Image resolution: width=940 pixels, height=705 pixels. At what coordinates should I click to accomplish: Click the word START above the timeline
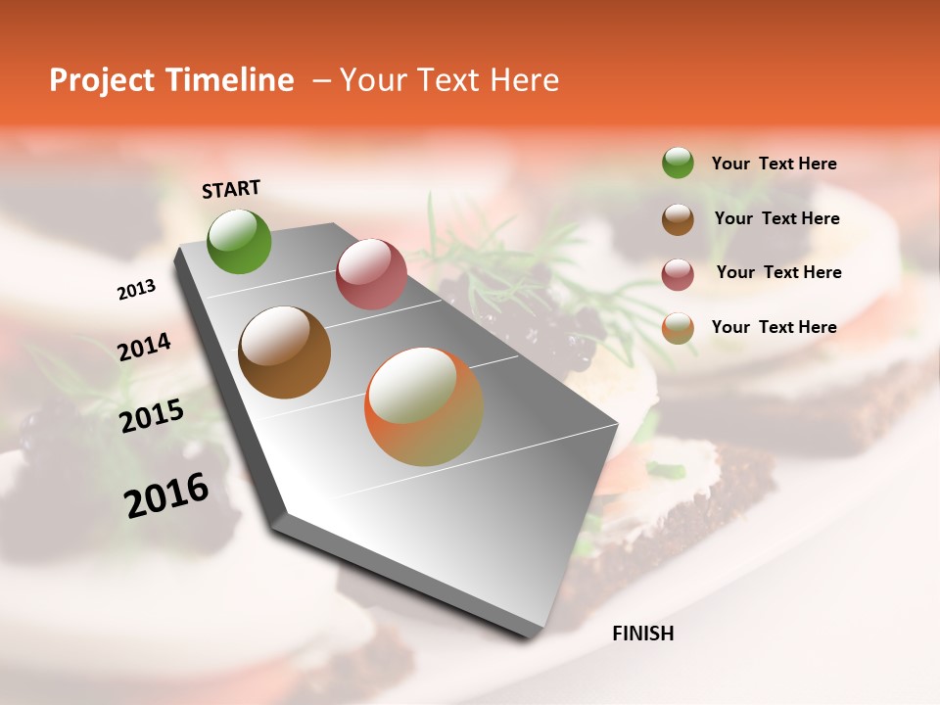pyautogui.click(x=231, y=189)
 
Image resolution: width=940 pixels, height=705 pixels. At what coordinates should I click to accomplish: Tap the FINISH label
pyautogui.click(x=642, y=634)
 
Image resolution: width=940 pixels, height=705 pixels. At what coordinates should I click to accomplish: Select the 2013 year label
pyautogui.click(x=137, y=290)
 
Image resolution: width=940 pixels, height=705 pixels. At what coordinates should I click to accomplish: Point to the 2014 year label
pyautogui.click(x=144, y=348)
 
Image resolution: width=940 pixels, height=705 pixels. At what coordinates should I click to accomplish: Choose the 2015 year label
pyautogui.click(x=152, y=416)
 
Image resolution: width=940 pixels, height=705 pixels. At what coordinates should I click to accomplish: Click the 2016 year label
pyautogui.click(x=166, y=494)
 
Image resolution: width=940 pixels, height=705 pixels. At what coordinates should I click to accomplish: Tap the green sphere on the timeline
pyautogui.click(x=240, y=241)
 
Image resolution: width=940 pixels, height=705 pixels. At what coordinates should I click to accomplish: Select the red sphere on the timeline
pyautogui.click(x=371, y=274)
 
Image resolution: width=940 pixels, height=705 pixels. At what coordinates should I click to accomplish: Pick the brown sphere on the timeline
pyautogui.click(x=285, y=352)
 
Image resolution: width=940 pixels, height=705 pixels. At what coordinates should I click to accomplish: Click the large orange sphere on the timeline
pyautogui.click(x=424, y=406)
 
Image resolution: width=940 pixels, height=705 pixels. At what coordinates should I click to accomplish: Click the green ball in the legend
pyautogui.click(x=678, y=163)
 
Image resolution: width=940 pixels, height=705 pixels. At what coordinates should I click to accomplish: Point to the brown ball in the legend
pyautogui.click(x=678, y=219)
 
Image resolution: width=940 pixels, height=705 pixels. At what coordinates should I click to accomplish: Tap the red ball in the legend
pyautogui.click(x=678, y=274)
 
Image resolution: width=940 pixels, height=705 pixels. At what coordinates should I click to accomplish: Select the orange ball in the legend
pyautogui.click(x=678, y=328)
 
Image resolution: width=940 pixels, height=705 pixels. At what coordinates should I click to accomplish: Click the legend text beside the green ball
pyautogui.click(x=774, y=164)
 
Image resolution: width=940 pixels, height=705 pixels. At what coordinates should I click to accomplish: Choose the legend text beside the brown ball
pyautogui.click(x=776, y=218)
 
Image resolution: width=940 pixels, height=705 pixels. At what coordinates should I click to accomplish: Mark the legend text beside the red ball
pyautogui.click(x=778, y=272)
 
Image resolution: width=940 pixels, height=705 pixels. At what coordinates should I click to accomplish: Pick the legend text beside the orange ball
pyautogui.click(x=774, y=327)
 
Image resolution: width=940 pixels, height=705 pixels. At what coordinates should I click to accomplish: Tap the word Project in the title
pyautogui.click(x=98, y=81)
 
